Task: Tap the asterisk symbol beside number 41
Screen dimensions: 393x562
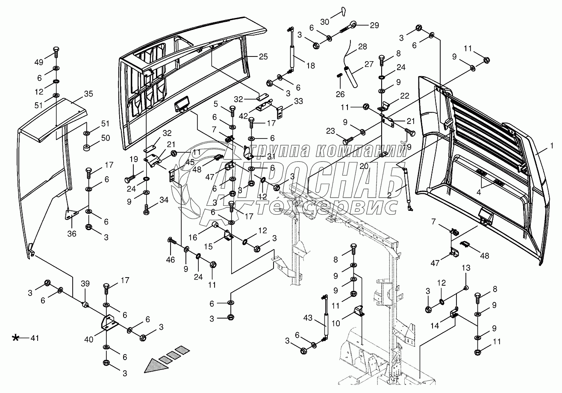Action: click(x=16, y=338)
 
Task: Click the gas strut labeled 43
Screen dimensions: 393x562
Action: click(x=325, y=319)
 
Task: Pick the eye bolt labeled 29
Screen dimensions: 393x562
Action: click(x=350, y=27)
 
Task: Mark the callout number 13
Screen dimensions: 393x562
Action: click(x=465, y=268)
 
